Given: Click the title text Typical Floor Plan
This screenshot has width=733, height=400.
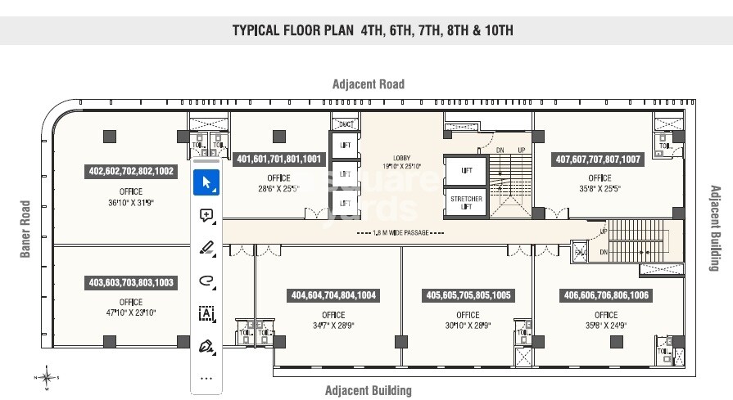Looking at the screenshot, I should click(373, 31).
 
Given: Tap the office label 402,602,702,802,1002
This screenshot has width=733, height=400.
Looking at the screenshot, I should click(131, 172).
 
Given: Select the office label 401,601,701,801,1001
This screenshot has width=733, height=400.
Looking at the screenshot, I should click(278, 160).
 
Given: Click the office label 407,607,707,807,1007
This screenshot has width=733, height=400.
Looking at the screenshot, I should click(599, 160).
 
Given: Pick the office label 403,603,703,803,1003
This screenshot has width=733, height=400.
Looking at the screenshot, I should click(131, 282).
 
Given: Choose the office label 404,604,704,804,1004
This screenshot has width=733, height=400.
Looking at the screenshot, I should click(333, 295).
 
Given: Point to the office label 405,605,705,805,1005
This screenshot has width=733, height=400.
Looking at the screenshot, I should click(468, 295).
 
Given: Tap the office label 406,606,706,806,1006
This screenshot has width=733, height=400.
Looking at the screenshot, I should click(606, 295).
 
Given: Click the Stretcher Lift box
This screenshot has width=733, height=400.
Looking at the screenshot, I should click(465, 203).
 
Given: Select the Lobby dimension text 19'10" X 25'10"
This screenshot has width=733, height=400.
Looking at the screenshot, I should click(401, 167).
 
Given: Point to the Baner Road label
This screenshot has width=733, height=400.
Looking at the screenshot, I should click(25, 229).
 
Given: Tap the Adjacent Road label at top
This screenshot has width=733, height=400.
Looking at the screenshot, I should click(368, 84).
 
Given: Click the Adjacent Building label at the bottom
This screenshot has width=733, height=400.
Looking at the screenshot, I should click(368, 390).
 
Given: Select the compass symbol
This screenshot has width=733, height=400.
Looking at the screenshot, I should click(47, 377).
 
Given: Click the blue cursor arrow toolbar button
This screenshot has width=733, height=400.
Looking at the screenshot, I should click(206, 182).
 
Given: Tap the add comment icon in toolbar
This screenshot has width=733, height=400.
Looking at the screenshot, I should click(206, 215).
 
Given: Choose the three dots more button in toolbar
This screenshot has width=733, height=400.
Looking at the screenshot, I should click(206, 378).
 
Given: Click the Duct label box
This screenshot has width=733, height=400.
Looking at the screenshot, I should click(346, 124).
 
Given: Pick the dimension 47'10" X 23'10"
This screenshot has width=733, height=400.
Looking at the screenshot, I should click(131, 312).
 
